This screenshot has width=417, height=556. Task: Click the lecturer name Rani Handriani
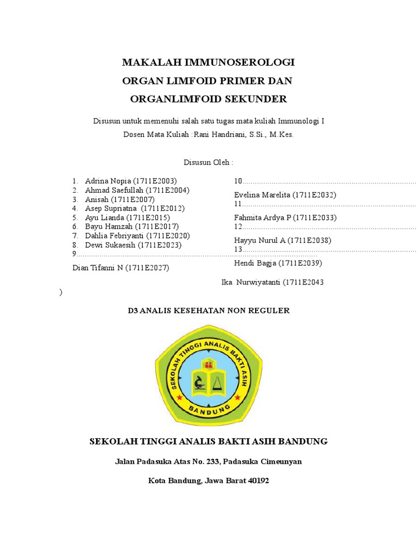[217, 135]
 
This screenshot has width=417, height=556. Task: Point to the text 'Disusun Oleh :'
[208, 162]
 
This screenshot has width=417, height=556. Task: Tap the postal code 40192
[257, 481]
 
